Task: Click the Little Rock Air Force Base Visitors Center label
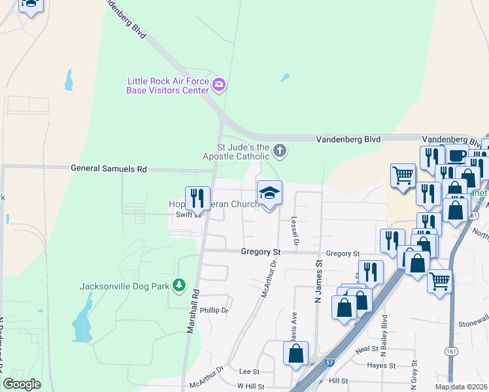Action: [x=168, y=86]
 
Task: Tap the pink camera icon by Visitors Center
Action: [x=219, y=84]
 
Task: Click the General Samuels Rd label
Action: [x=109, y=169]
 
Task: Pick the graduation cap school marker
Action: [x=269, y=193]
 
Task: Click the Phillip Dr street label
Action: [x=214, y=310]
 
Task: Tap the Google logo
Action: [x=22, y=384]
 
